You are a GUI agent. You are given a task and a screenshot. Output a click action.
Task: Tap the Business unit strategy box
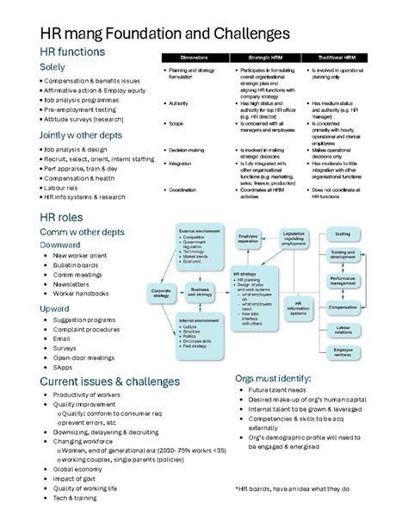point(200,294)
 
